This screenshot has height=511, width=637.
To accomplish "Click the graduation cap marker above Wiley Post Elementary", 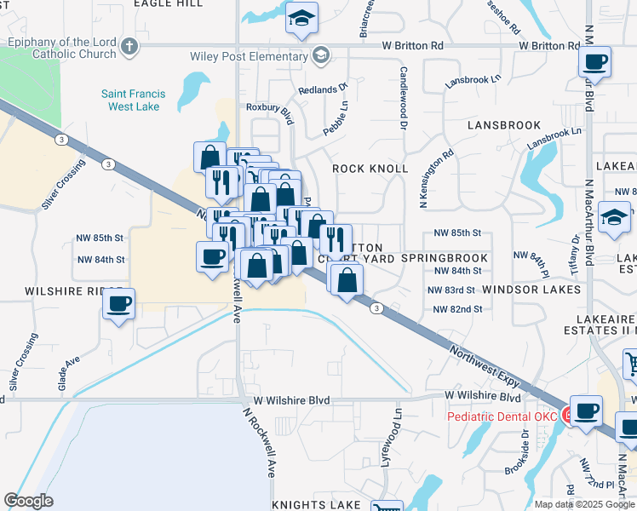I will (301, 20).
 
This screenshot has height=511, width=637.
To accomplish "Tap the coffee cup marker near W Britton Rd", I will (594, 62).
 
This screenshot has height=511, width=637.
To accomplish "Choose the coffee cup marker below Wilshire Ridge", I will (119, 304).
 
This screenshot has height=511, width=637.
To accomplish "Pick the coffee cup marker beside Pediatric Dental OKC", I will (586, 411).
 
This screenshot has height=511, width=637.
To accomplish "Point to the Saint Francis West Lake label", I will (141, 100).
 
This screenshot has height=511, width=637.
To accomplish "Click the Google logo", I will (28, 501).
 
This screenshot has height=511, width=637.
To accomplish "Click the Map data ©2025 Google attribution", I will (583, 504).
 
